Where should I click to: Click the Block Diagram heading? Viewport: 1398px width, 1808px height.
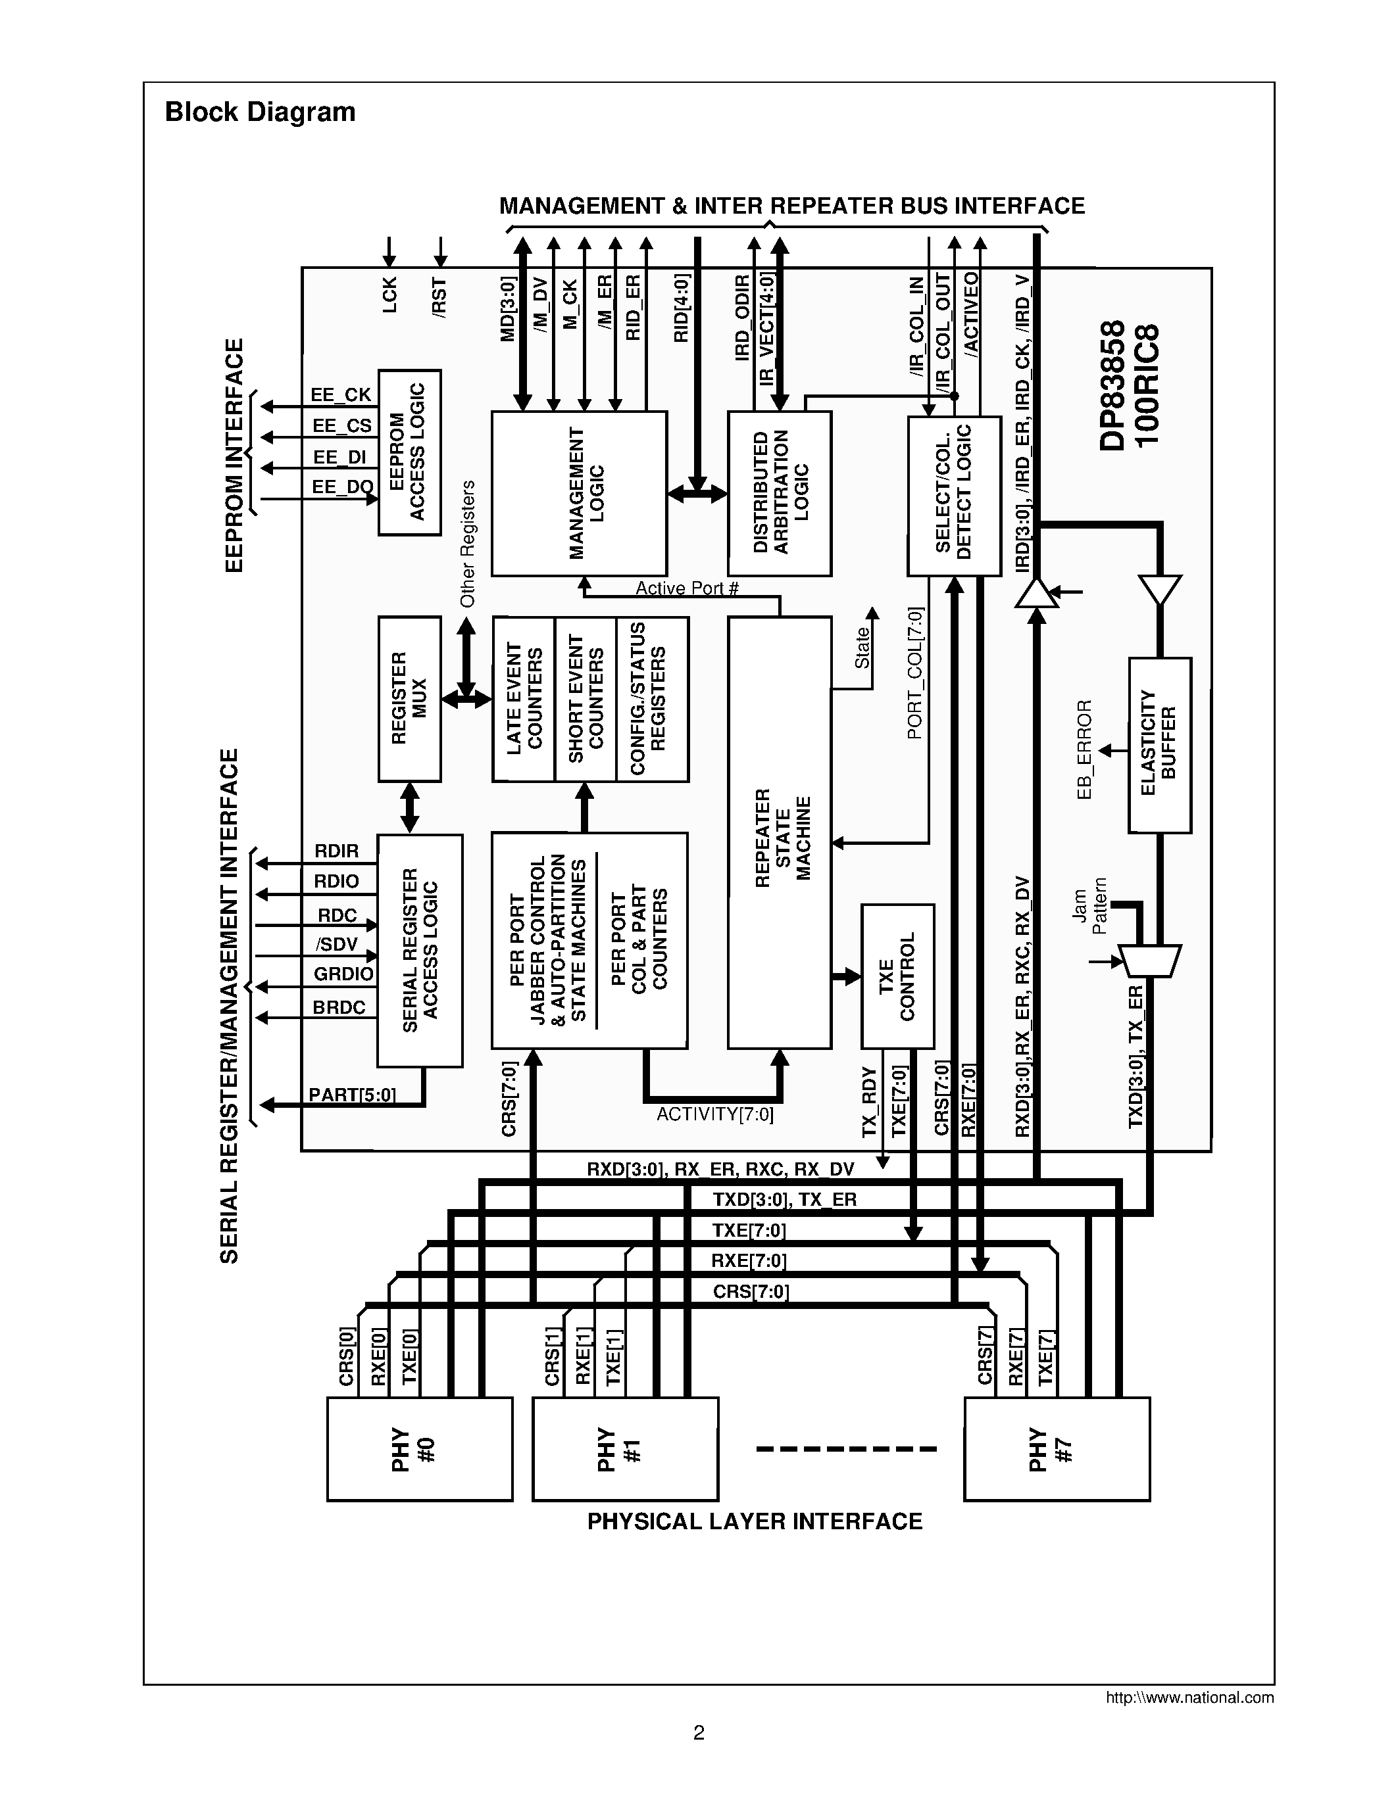click(260, 112)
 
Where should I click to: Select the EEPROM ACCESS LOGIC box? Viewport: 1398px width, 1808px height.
click(409, 452)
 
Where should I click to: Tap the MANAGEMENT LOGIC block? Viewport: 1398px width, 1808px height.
click(579, 493)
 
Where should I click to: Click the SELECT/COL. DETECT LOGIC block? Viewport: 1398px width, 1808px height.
click(954, 495)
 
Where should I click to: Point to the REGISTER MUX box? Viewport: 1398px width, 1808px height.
click(409, 699)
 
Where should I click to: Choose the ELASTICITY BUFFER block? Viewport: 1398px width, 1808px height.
click(1159, 744)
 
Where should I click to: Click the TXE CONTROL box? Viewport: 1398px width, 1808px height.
click(898, 976)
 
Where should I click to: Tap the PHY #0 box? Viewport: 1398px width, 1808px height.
click(419, 1449)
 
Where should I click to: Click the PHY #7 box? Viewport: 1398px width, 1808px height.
click(1056, 1449)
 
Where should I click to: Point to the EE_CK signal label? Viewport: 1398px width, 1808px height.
click(341, 395)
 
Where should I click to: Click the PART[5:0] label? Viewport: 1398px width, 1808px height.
click(352, 1095)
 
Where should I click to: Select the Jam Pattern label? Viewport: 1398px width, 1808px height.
click(1088, 907)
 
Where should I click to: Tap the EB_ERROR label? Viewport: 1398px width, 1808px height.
click(1085, 749)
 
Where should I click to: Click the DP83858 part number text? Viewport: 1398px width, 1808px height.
click(1112, 386)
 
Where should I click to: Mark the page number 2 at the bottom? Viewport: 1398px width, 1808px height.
click(698, 1732)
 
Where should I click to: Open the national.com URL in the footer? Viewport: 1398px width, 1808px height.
click(1189, 1697)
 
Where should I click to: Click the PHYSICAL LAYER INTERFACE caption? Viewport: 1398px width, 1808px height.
click(755, 1521)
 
